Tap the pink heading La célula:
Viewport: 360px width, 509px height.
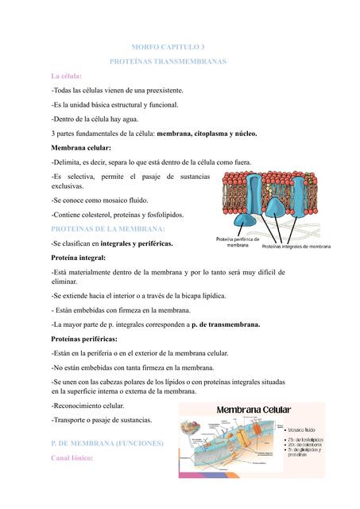(67, 76)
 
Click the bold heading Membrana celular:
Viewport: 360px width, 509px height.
(81, 148)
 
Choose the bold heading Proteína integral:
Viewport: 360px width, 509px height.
(79, 258)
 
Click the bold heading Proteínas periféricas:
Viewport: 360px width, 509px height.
(87, 339)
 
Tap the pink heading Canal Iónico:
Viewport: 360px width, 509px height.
(72, 459)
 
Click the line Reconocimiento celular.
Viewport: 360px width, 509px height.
(90, 406)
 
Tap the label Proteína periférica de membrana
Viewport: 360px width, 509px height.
(238, 243)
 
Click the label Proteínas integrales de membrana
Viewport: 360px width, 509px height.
(296, 247)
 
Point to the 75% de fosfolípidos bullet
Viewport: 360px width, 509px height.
(307, 440)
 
